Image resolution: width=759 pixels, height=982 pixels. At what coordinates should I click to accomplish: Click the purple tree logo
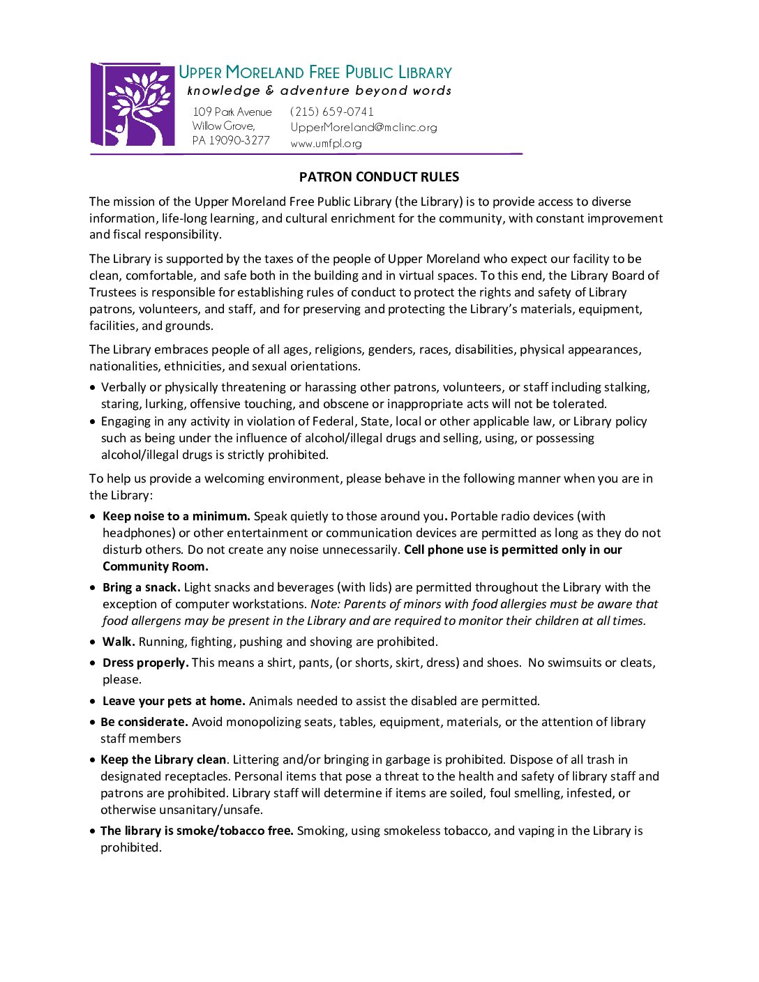[133, 105]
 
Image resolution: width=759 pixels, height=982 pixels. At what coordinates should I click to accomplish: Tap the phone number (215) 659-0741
[332, 112]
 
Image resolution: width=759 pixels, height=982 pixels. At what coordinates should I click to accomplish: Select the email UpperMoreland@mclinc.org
[363, 127]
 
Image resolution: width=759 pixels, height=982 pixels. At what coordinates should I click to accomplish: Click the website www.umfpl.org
[326, 143]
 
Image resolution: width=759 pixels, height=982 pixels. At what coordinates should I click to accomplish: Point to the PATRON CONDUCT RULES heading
[379, 177]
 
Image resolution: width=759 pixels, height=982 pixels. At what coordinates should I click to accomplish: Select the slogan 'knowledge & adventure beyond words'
[319, 91]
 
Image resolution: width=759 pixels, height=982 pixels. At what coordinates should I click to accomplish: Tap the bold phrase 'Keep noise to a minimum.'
[176, 516]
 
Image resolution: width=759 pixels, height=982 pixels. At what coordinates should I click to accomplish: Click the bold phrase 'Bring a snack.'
[141, 587]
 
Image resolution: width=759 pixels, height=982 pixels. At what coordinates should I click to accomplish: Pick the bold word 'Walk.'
[119, 642]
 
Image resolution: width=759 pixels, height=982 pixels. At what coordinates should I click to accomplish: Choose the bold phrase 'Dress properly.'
[145, 663]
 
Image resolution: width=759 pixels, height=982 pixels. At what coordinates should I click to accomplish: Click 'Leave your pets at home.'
[174, 701]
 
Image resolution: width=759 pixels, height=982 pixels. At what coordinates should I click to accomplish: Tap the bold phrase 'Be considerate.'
[144, 722]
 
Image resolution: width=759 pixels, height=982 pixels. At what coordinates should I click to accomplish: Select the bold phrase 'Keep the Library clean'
[163, 760]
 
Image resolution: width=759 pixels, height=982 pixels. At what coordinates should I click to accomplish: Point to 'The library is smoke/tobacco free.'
[197, 831]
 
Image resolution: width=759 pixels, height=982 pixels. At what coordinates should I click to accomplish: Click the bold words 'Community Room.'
[155, 566]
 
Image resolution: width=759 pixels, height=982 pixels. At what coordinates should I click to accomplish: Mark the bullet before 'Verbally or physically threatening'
[93, 388]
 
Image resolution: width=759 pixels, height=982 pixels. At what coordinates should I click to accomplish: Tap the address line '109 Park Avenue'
[232, 112]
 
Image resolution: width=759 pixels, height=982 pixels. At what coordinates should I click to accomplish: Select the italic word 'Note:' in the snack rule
[325, 604]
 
